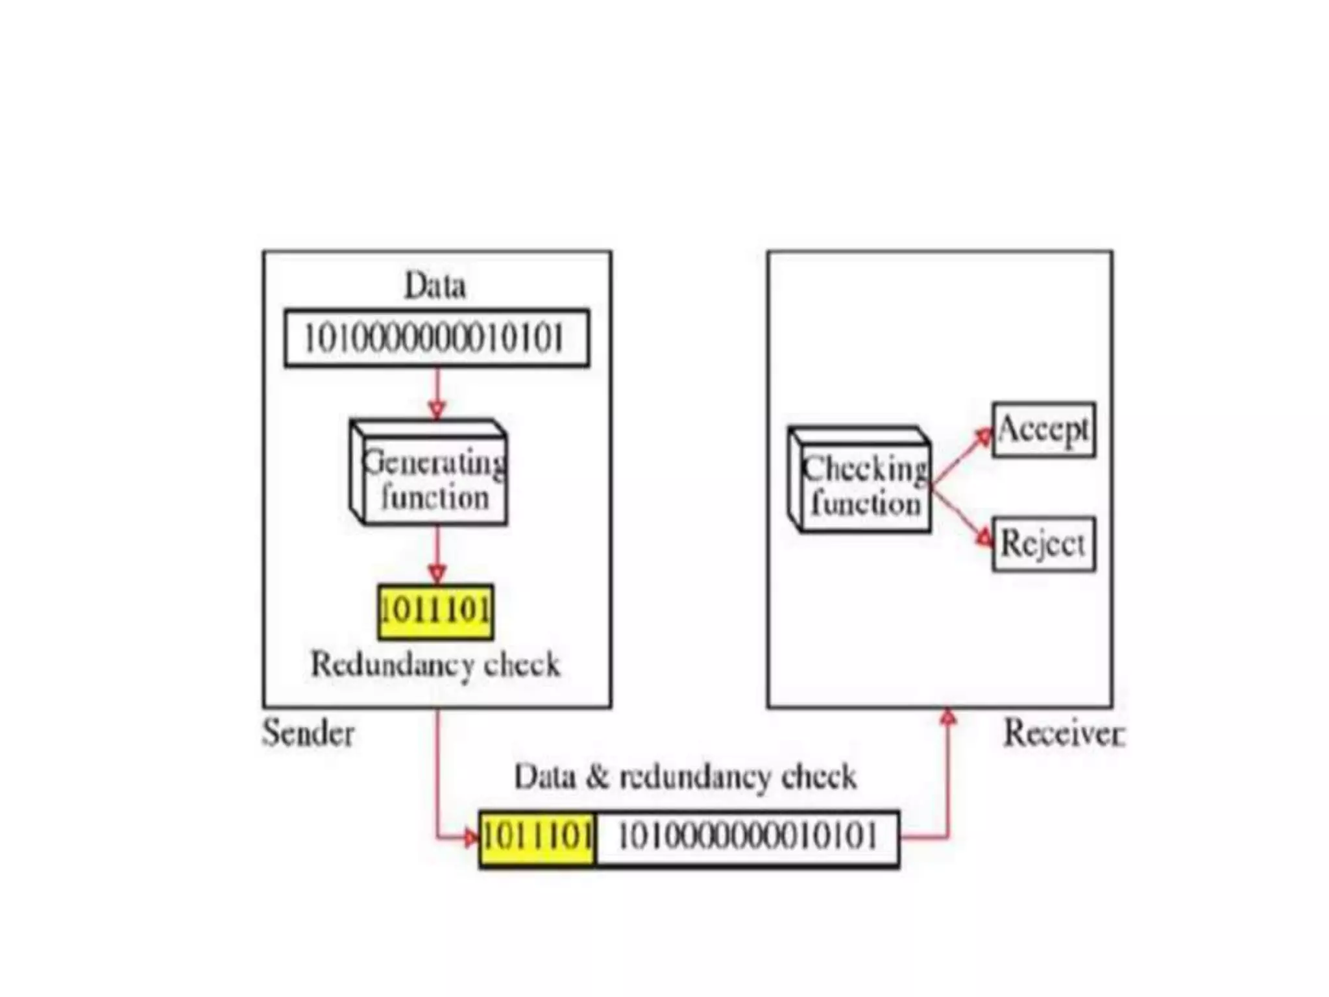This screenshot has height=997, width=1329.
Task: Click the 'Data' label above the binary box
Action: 435,286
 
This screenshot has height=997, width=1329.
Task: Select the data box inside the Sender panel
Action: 437,338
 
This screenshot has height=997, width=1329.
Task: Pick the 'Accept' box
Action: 1043,430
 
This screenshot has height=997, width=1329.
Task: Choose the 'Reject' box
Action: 1043,544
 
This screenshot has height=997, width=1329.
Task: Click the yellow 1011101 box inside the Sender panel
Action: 435,611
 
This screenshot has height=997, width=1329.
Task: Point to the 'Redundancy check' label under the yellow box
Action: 435,665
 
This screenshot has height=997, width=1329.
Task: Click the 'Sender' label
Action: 308,733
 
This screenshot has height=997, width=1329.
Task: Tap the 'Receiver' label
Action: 1064,733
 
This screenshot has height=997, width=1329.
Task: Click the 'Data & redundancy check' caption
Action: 685,777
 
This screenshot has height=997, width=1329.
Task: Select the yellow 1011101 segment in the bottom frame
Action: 537,838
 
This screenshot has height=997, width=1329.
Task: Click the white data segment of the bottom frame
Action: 747,838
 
